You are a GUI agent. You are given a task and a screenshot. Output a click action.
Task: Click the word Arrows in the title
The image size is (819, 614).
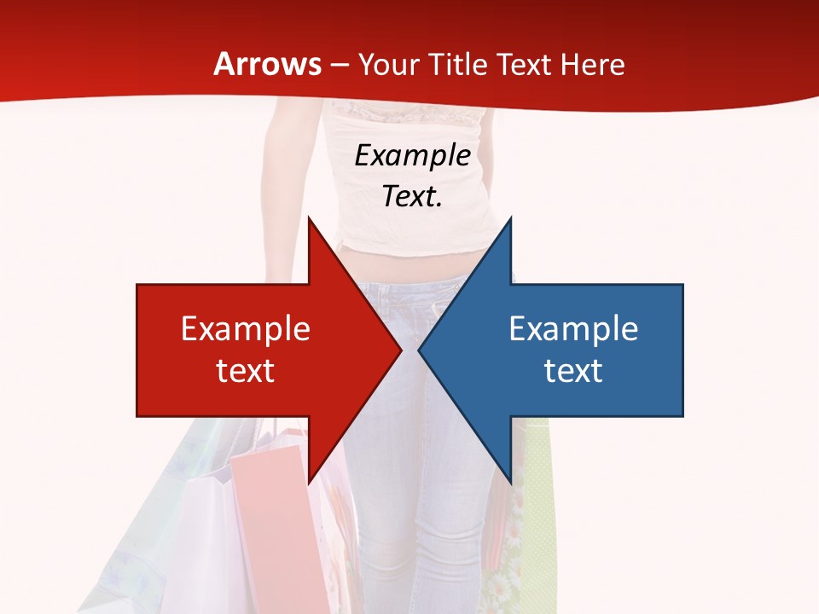268,64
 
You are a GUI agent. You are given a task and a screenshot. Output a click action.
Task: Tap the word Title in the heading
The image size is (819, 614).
456,64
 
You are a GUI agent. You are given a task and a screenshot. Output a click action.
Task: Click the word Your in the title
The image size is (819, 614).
388,65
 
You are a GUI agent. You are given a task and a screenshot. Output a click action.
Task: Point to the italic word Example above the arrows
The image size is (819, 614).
412,156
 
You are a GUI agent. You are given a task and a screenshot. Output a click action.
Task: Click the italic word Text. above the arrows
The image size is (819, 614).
412,197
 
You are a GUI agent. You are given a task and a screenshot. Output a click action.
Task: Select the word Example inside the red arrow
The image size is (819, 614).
246,329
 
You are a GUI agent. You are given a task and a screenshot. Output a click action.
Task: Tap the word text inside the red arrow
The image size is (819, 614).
246,370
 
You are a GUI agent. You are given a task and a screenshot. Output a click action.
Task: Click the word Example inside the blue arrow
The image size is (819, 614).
573,329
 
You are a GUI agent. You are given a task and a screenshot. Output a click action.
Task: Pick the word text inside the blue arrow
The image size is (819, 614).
573,370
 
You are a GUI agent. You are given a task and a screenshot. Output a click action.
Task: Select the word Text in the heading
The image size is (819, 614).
524,64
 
